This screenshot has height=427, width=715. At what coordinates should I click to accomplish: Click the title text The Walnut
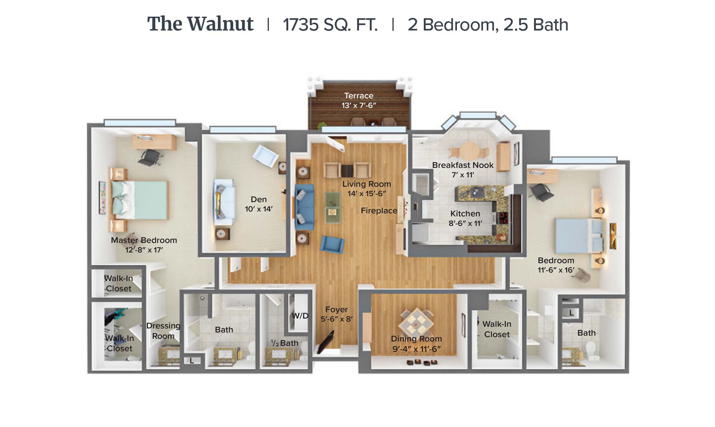tap(200, 24)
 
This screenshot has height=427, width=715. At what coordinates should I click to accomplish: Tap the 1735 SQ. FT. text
tap(330, 25)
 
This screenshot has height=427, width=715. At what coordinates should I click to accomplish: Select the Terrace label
tap(359, 96)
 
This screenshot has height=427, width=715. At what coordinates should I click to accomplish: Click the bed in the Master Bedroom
tap(140, 200)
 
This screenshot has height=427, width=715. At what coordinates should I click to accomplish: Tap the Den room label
tap(259, 199)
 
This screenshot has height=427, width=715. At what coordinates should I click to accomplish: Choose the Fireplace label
tap(379, 211)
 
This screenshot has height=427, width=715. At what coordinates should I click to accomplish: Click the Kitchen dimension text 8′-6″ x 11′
tap(465, 223)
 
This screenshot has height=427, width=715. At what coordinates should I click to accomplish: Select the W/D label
tap(300, 316)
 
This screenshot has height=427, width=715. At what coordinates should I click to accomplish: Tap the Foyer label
tap(336, 309)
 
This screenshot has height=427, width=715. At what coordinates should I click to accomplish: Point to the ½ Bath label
tap(285, 343)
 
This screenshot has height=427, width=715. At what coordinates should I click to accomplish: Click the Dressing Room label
tap(163, 331)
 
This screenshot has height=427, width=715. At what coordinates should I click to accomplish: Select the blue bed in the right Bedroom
tap(579, 236)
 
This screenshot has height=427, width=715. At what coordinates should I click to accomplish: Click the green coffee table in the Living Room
tap(333, 207)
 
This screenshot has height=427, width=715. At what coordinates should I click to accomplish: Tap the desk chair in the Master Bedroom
tap(150, 157)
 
